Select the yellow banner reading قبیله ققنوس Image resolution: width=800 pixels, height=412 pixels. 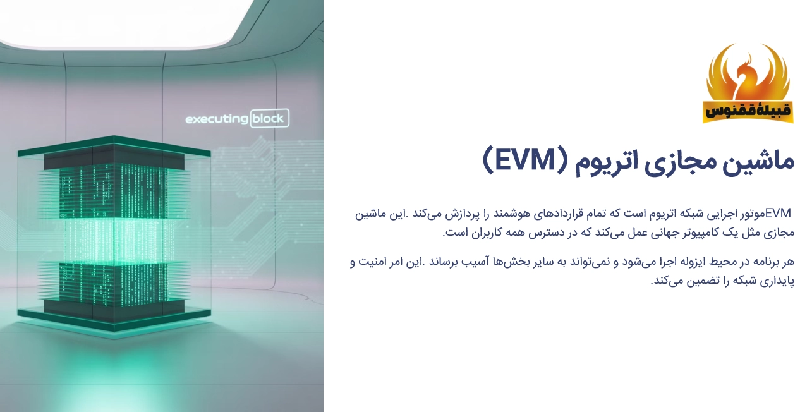(748, 111)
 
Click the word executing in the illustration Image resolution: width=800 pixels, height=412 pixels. (216, 119)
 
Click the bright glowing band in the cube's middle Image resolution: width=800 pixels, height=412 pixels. (114, 239)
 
